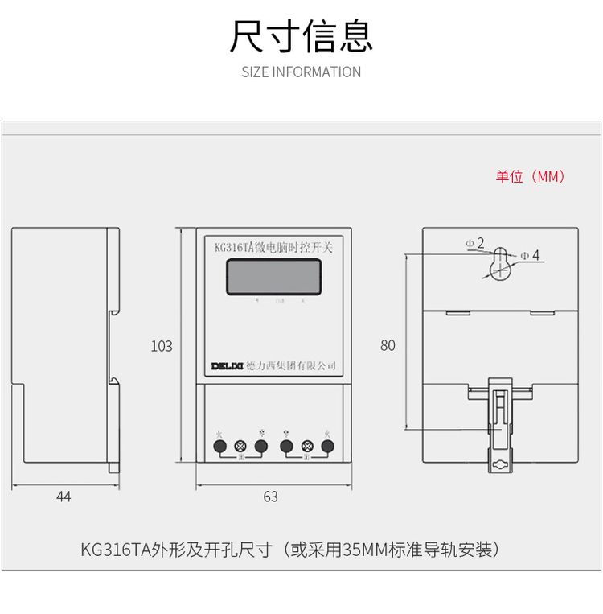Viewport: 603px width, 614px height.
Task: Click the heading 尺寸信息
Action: point(301,36)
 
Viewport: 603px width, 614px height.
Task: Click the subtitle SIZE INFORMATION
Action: point(301,72)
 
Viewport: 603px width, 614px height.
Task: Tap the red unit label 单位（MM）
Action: point(530,176)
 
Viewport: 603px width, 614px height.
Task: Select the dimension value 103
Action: point(162,346)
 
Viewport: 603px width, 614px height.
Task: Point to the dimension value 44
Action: point(64,497)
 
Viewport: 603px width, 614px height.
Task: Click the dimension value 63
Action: point(271,497)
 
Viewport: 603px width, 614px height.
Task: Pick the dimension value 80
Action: point(388,345)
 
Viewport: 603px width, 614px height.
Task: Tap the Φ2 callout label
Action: point(474,243)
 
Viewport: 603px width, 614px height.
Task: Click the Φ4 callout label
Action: point(530,255)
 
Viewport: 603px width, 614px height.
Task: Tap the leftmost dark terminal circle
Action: point(219,445)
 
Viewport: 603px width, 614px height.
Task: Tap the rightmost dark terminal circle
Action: point(327,445)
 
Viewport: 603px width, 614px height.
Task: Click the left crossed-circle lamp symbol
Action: point(240,446)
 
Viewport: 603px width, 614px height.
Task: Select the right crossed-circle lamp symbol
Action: point(306,446)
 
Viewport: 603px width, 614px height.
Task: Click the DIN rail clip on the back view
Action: point(500,422)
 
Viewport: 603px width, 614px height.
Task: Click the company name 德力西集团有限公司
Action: point(290,366)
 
